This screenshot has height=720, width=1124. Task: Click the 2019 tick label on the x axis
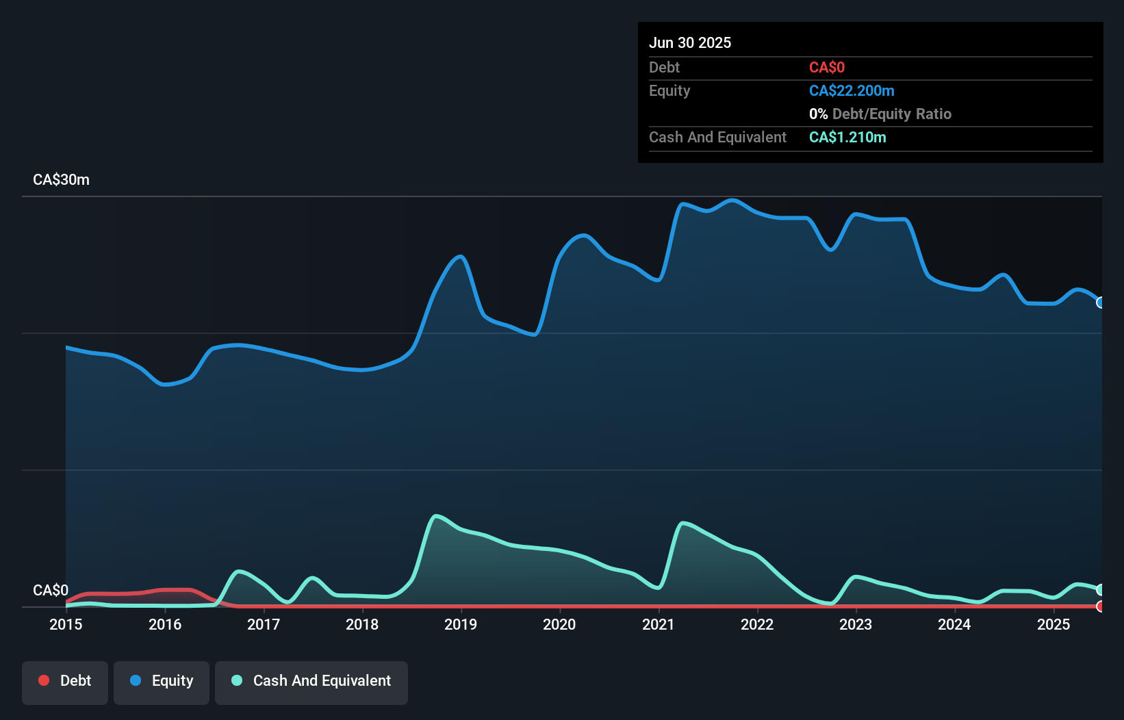tap(461, 624)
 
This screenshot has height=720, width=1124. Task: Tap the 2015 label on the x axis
tap(66, 624)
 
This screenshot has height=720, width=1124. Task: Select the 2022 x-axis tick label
tap(757, 624)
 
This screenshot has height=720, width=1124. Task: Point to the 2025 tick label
tap(1053, 624)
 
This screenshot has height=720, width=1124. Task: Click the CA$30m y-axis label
tap(61, 180)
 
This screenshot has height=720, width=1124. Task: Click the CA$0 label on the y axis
tap(51, 590)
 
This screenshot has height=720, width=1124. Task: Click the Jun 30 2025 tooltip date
tap(690, 43)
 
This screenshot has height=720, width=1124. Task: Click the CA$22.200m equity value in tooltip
tap(852, 91)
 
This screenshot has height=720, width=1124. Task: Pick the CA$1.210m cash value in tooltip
tap(847, 138)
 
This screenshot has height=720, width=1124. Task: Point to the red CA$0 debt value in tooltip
tap(827, 68)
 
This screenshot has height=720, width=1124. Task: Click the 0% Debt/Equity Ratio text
tap(880, 114)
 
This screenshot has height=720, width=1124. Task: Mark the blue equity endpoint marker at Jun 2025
tap(1101, 303)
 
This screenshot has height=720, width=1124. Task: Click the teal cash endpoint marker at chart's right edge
tap(1101, 589)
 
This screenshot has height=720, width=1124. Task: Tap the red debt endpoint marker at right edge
tap(1101, 606)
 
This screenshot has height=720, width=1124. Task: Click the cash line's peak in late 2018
tap(436, 516)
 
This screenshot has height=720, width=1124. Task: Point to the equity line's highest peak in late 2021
tap(732, 200)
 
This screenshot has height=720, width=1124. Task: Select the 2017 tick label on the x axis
tap(264, 624)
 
